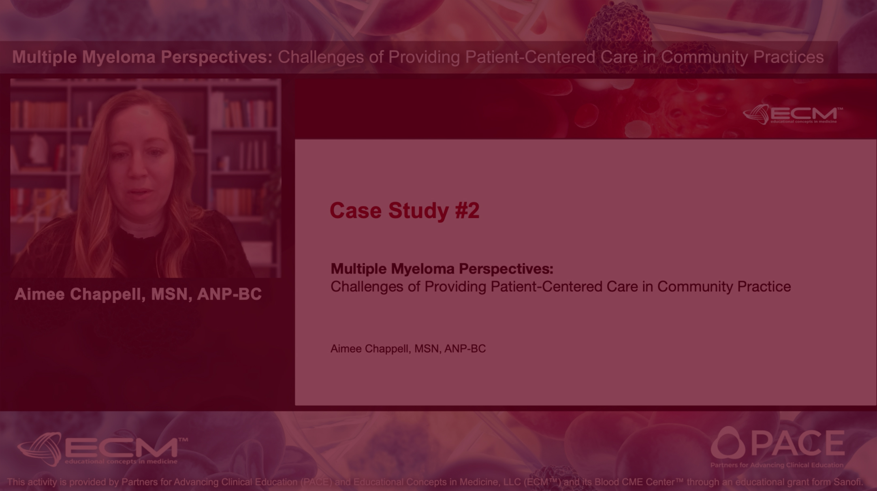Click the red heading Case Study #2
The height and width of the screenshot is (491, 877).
(404, 211)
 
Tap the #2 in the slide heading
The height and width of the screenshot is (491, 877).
(467, 210)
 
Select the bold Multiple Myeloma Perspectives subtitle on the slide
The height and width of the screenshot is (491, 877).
(442, 269)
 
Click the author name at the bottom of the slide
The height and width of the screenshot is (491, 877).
(408, 348)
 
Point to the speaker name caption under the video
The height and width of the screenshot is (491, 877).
(138, 295)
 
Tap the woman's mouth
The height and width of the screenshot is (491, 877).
(140, 192)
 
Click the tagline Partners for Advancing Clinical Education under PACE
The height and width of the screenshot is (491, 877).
(777, 465)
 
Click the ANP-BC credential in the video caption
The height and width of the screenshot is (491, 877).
(229, 295)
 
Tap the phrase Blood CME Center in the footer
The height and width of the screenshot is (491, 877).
(635, 482)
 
